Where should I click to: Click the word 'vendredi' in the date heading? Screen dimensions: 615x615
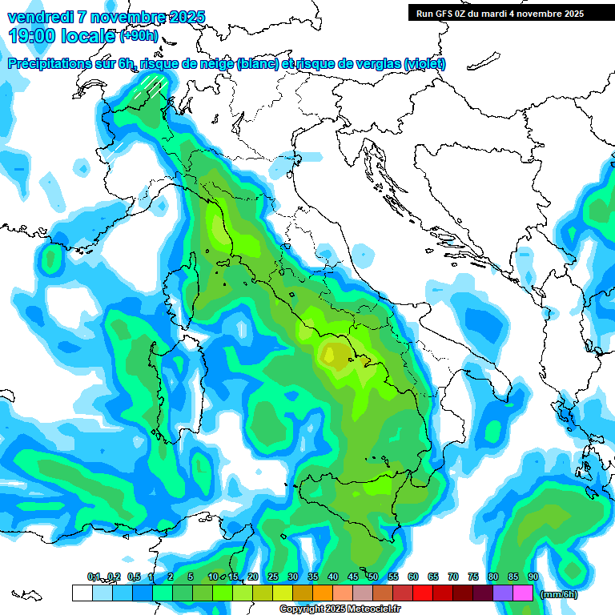[x=41, y=18]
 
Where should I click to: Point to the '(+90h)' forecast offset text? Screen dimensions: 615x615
[x=139, y=36]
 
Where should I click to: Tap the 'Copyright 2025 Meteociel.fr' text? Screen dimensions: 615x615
[x=341, y=609]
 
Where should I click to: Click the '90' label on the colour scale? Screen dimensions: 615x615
[x=533, y=577]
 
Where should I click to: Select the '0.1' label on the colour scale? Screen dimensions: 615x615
[x=93, y=577]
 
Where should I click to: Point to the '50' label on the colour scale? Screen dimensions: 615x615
[x=372, y=577]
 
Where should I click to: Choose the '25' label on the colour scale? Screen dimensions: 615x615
[x=272, y=577]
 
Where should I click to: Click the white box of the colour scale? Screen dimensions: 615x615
[x=82, y=593]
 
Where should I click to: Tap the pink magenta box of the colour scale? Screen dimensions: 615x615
[x=523, y=593]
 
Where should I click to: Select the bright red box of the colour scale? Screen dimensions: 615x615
[x=423, y=593]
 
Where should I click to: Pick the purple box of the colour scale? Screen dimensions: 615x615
[x=503, y=593]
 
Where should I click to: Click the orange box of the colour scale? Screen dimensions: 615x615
[x=323, y=593]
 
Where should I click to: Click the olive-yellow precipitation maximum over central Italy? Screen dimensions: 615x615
[x=336, y=355]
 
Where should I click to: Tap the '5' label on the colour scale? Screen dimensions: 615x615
[x=191, y=577]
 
